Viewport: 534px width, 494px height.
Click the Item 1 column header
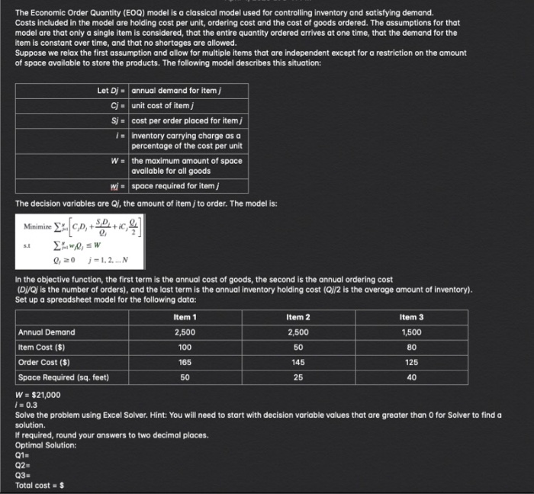(185, 317)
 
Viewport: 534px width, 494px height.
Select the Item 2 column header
(298, 317)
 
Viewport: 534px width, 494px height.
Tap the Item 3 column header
(411, 317)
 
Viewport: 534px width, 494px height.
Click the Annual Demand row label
(47, 332)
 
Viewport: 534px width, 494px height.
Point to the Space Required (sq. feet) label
(63, 377)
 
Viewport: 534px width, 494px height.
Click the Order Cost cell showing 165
(185, 362)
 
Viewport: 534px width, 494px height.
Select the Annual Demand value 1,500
(411, 332)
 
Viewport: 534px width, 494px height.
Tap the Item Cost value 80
(411, 348)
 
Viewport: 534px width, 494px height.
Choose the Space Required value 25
(298, 377)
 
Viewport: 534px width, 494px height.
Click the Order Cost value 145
(298, 362)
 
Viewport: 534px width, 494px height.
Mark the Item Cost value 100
(185, 348)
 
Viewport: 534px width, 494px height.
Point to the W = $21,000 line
(38, 395)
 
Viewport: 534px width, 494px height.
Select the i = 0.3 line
(26, 405)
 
